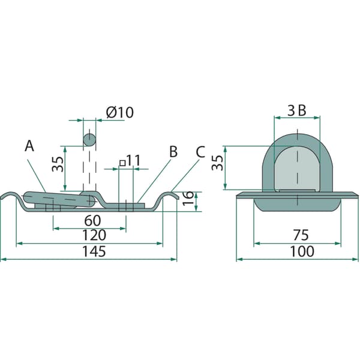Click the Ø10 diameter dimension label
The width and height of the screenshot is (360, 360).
119,113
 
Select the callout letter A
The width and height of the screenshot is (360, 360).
29,146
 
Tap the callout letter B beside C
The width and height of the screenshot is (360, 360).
173,152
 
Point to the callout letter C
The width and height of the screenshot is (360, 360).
200,152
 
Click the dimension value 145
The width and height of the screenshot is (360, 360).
94,251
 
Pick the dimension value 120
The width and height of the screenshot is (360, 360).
94,235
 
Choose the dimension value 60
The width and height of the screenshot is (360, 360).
92,220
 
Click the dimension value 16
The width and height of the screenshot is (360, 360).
188,198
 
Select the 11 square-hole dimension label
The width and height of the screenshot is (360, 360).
130,161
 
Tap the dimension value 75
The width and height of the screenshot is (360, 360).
301,235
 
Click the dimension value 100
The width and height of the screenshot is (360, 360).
302,251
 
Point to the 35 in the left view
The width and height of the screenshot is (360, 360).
57,164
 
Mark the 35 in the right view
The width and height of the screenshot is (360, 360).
217,163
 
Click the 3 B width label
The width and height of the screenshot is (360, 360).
297,110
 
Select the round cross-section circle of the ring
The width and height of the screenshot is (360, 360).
89,139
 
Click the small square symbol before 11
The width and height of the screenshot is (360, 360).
122,163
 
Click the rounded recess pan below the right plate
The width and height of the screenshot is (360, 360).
298,205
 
